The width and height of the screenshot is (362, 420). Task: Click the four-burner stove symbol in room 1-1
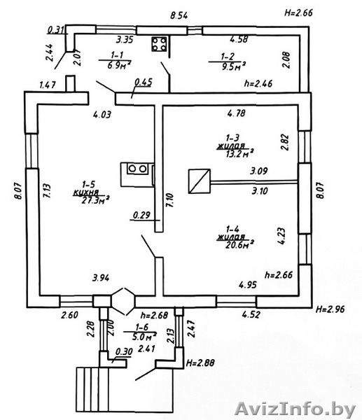tap(159, 44)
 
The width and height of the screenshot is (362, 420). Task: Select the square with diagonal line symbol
tap(200, 181)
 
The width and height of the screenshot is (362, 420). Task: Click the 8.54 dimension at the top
tap(179, 15)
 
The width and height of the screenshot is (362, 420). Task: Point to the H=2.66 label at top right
tap(298, 13)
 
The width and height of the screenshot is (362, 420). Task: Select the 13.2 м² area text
tap(239, 154)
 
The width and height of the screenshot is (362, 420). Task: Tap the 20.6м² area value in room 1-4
tap(239, 244)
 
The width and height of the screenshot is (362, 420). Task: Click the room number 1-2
tap(228, 57)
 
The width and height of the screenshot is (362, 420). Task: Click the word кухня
tap(86, 192)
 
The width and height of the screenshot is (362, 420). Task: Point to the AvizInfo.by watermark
tap(295, 409)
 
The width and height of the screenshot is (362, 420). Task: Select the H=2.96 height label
tap(330, 309)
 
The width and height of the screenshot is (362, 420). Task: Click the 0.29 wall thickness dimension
tap(141, 215)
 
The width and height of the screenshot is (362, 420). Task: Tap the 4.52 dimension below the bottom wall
tap(251, 314)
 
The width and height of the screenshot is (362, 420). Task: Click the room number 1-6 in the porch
tap(141, 327)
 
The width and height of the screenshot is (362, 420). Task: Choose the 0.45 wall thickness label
tap(144, 82)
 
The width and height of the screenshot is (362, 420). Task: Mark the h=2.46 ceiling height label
tap(258, 83)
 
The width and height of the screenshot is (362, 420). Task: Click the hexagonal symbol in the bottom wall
tap(123, 301)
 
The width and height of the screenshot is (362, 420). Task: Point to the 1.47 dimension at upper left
tap(48, 85)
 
